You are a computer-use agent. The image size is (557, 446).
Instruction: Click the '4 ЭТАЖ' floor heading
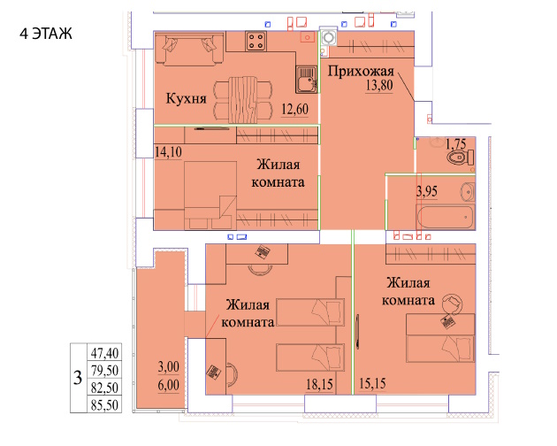(46, 34)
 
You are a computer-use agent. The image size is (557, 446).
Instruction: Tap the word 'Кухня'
(187, 98)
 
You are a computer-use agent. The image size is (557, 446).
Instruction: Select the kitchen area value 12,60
(294, 109)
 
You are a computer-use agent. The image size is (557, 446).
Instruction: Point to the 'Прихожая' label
(361, 72)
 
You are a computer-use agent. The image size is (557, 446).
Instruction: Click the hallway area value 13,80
(379, 85)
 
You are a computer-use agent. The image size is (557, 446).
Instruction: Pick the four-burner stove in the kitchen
(256, 41)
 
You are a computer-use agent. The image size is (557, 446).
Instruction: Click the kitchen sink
(306, 80)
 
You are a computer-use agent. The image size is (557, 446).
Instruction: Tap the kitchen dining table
(243, 100)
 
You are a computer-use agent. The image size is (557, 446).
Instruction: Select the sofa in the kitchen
(189, 49)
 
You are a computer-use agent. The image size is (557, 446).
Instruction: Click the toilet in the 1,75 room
(460, 158)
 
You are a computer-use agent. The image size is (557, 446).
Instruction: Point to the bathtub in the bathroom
(446, 217)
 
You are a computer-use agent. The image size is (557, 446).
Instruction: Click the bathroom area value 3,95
(427, 192)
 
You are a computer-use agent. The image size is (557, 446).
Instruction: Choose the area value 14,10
(168, 152)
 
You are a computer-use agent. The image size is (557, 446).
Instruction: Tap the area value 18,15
(319, 384)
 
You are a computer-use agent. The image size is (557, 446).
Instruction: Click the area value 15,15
(372, 384)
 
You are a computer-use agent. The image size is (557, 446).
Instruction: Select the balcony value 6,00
(168, 385)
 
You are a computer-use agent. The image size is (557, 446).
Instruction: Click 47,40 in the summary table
(104, 353)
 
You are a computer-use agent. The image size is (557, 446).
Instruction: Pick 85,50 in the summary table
(104, 405)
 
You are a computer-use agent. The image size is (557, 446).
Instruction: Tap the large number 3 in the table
(78, 378)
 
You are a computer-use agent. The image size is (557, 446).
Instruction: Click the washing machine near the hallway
(328, 38)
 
